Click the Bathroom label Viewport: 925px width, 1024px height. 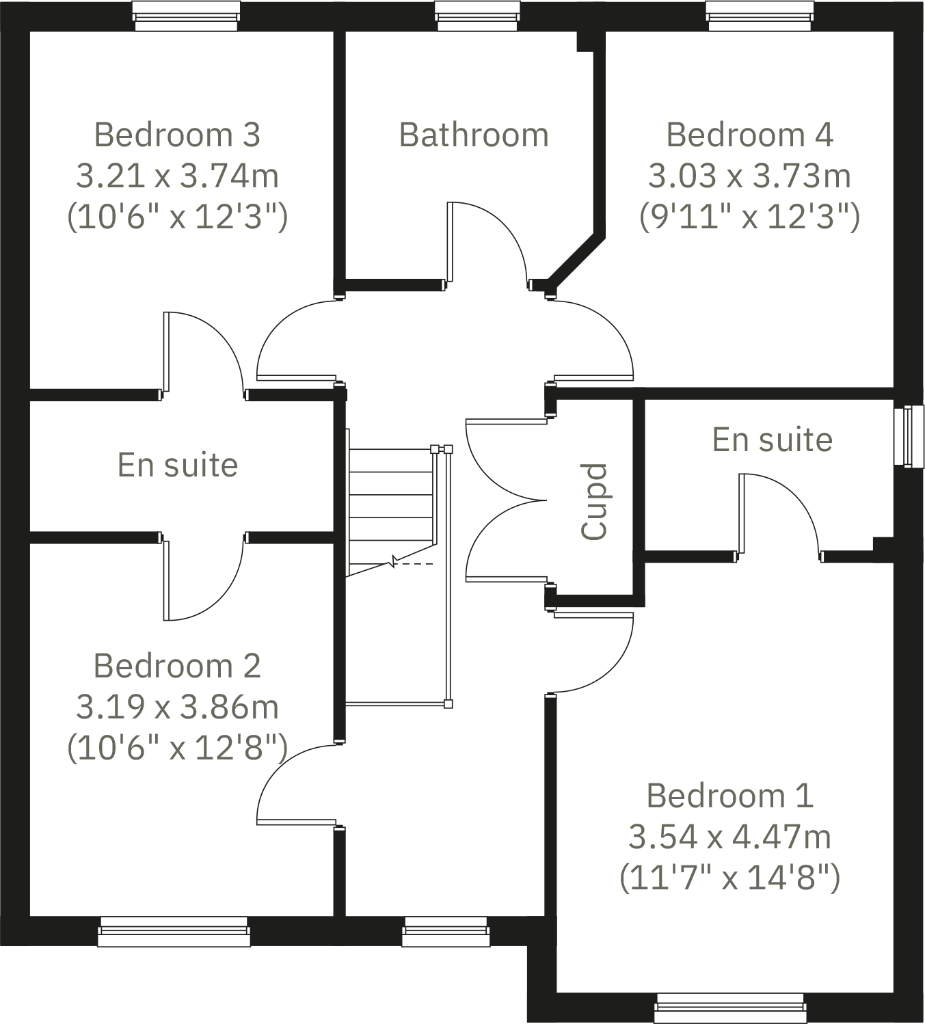pyautogui.click(x=474, y=135)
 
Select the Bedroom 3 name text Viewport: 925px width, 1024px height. pyautogui.click(x=177, y=135)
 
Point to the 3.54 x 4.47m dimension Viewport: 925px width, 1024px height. pyautogui.click(x=729, y=837)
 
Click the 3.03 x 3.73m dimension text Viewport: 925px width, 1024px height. pyautogui.click(x=749, y=176)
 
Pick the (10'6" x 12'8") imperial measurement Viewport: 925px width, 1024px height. pyautogui.click(x=177, y=748)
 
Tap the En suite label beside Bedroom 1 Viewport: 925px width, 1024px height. pyautogui.click(x=773, y=440)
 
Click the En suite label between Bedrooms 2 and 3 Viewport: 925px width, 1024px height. pyautogui.click(x=178, y=465)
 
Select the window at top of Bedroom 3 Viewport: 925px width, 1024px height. pyautogui.click(x=186, y=16)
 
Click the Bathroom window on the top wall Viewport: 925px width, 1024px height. pyautogui.click(x=477, y=16)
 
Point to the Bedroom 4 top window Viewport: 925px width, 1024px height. pyautogui.click(x=760, y=16)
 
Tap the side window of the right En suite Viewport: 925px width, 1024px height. pyautogui.click(x=908, y=436)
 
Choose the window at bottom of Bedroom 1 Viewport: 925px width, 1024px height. pyautogui.click(x=730, y=1008)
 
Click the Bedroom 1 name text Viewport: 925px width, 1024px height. pyautogui.click(x=729, y=796)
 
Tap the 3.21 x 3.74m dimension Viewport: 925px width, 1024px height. pyautogui.click(x=177, y=176)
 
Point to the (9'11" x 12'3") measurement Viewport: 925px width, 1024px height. pyautogui.click(x=749, y=217)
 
